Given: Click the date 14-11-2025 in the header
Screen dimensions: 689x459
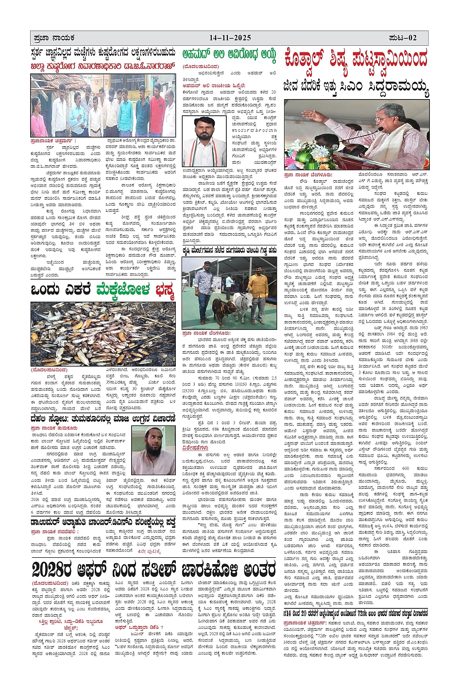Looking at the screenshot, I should [230, 38].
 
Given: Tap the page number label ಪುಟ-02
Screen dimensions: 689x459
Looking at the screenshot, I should [403, 38].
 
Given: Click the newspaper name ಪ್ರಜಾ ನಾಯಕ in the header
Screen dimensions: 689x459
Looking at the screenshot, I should [54, 38].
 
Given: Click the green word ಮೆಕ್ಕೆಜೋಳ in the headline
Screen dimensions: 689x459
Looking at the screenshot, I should [123, 290].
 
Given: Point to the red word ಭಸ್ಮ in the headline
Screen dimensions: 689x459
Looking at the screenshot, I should [164, 290].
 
